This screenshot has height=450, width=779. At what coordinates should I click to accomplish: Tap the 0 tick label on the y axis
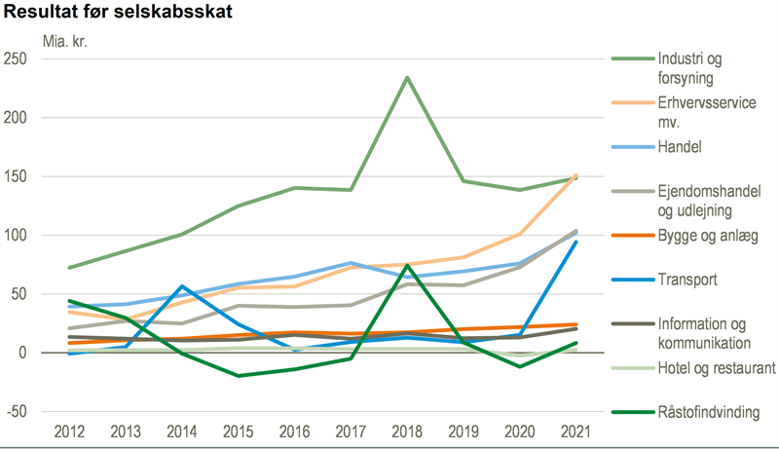pyautogui.click(x=21, y=353)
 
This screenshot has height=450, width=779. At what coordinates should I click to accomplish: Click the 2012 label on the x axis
pyautogui.click(x=70, y=431)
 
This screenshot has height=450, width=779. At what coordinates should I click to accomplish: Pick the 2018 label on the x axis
pyautogui.click(x=407, y=431)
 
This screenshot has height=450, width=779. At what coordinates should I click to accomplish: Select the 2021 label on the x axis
pyautogui.click(x=575, y=431)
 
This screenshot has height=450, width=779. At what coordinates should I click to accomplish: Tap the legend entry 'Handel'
pyautogui.click(x=680, y=147)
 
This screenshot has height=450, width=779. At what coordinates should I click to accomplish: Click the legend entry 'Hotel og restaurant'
pyautogui.click(x=717, y=367)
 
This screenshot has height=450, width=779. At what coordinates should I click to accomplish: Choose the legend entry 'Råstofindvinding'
pyautogui.click(x=709, y=412)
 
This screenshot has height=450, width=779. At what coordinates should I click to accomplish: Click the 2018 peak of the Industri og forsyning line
pyautogui.click(x=407, y=77)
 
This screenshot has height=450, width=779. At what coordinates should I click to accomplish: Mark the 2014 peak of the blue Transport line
pyautogui.click(x=182, y=286)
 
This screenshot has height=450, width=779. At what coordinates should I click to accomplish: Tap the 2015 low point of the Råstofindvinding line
pyautogui.click(x=239, y=375)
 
